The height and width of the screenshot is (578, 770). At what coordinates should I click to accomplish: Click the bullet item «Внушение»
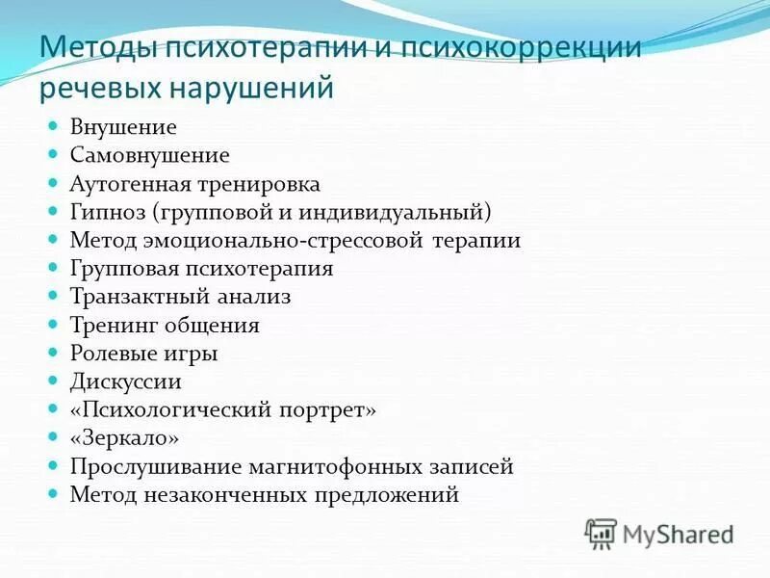[123, 126]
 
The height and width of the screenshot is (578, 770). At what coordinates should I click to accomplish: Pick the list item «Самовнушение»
[149, 154]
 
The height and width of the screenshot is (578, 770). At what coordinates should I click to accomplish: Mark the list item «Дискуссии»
[126, 381]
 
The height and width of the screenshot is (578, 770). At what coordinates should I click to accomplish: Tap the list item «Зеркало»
[125, 438]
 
